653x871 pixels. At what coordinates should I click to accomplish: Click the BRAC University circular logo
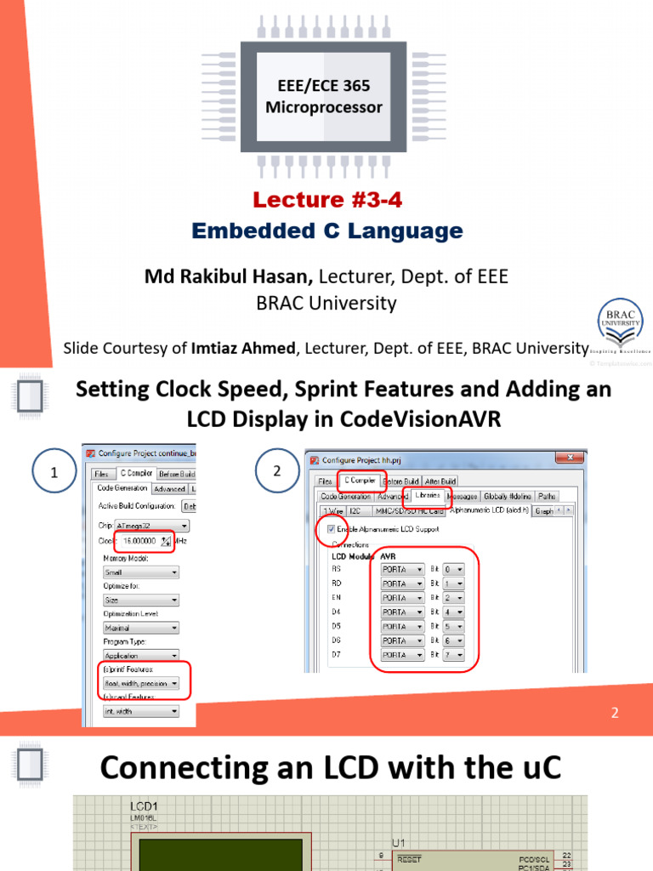click(622, 324)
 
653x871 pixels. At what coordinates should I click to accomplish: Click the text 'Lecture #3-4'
click(326, 200)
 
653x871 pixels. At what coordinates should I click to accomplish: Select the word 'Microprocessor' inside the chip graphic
click(324, 108)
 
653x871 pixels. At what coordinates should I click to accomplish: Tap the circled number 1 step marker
click(54, 474)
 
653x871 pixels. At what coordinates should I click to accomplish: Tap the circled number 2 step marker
click(276, 470)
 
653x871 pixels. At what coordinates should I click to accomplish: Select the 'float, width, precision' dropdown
click(140, 683)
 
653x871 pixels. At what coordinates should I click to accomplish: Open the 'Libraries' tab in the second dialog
click(428, 496)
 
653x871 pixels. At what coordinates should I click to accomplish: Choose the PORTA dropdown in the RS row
click(402, 569)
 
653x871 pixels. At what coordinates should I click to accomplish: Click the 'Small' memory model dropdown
click(140, 572)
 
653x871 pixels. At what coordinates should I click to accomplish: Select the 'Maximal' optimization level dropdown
click(140, 628)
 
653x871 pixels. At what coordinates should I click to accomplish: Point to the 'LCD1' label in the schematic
click(144, 806)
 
